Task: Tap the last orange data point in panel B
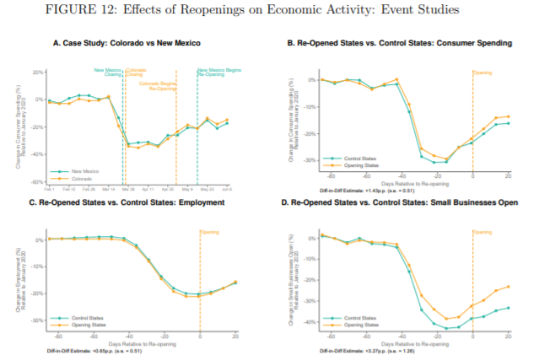509,116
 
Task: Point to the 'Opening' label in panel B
482,73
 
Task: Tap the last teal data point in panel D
509,309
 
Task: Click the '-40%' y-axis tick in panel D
305,322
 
